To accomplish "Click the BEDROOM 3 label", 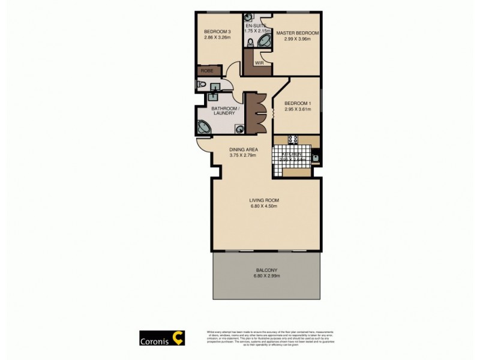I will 217,32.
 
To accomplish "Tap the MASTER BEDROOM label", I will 297,32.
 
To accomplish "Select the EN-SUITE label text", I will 251,25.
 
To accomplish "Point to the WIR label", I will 260,62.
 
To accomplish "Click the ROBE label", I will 206,71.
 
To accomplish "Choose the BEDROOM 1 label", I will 297,103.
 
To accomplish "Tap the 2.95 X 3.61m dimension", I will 297,109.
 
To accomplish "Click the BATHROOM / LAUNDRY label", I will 226,111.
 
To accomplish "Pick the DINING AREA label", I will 243,149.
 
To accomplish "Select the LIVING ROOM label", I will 265,200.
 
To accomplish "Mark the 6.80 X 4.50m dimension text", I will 265,206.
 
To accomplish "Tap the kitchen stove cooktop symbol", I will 293,140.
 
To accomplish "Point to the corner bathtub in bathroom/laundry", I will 205,127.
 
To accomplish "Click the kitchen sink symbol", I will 315,158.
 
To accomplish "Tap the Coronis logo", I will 162,338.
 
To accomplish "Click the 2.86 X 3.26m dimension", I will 217,38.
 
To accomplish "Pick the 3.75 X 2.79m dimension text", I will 243,155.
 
